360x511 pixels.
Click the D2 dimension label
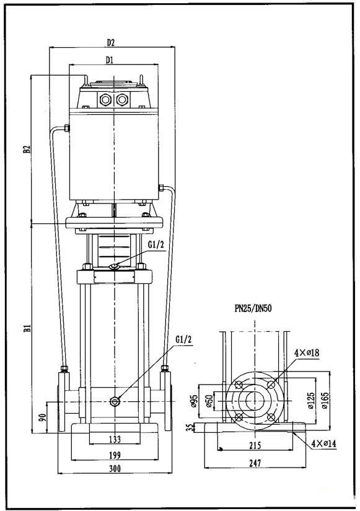pyautogui.click(x=111, y=42)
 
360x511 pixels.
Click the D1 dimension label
pyautogui.click(x=110, y=60)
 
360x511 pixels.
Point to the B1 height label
pyautogui.click(x=27, y=328)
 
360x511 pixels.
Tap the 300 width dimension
pyautogui.click(x=115, y=469)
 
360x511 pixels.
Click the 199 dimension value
pyautogui.click(x=115, y=455)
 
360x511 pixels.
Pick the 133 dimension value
pyautogui.click(x=115, y=439)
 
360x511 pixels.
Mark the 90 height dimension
pyautogui.click(x=42, y=418)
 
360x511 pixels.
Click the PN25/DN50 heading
pyautogui.click(x=253, y=308)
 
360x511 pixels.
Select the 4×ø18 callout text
pyautogui.click(x=307, y=353)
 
